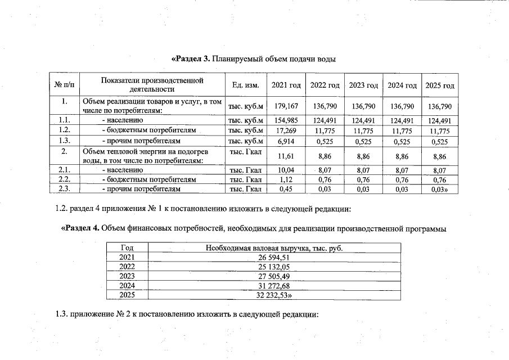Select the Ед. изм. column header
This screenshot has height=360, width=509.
click(245, 85)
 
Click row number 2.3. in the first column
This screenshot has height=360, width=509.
click(64, 190)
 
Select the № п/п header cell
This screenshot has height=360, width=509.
click(64, 85)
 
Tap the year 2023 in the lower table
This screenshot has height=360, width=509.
click(127, 276)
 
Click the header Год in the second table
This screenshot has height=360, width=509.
click(127, 248)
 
